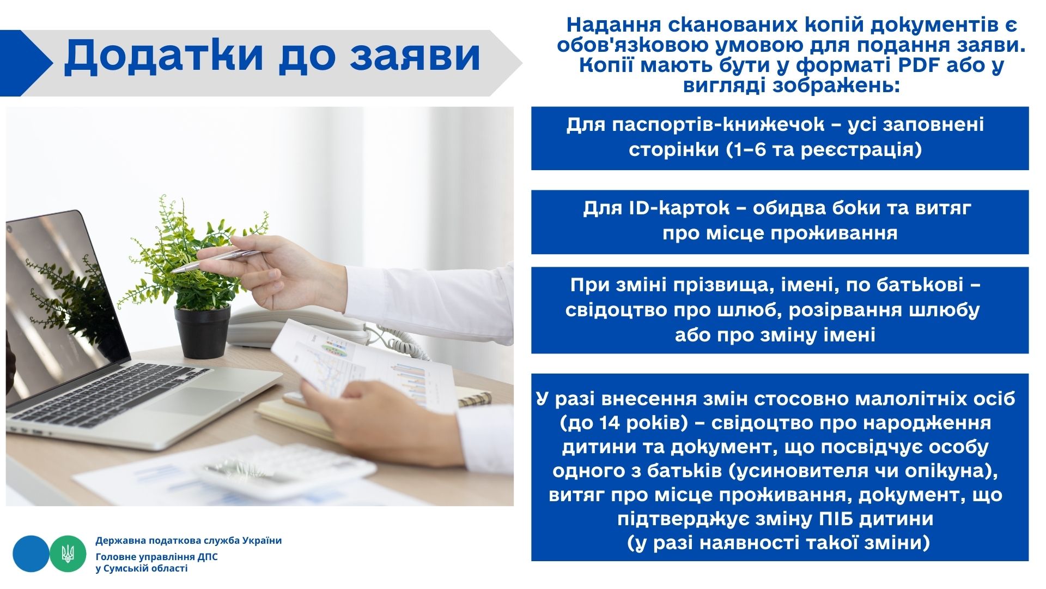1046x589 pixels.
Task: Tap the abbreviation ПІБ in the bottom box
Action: [837, 518]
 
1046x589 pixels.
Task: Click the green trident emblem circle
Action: [68, 554]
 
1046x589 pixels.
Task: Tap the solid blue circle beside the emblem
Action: [31, 554]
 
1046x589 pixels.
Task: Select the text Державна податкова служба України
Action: [188, 540]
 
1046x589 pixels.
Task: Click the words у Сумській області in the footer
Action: [141, 568]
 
